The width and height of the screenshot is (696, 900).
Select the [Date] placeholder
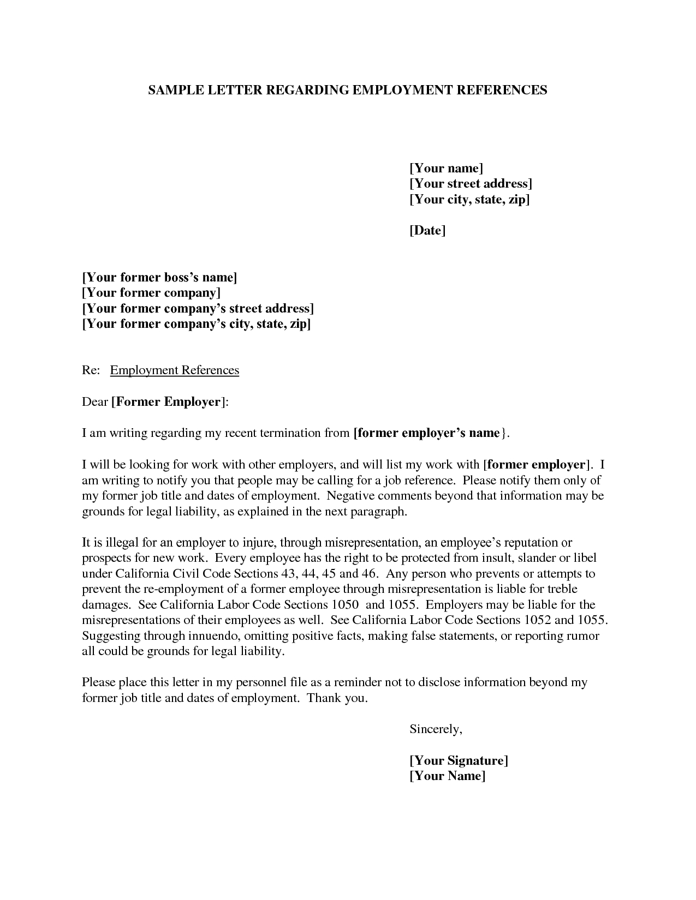tap(427, 231)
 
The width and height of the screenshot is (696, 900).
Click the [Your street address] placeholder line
tap(471, 184)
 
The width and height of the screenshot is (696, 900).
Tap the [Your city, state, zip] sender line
tap(469, 200)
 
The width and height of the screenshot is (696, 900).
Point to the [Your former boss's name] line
tap(159, 277)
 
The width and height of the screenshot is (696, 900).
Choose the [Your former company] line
tap(151, 293)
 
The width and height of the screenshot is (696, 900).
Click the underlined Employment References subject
tap(175, 370)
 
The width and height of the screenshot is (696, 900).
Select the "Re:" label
tap(91, 370)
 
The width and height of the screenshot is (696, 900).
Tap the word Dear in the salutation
tap(94, 402)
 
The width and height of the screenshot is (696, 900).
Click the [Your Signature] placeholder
tap(459, 760)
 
